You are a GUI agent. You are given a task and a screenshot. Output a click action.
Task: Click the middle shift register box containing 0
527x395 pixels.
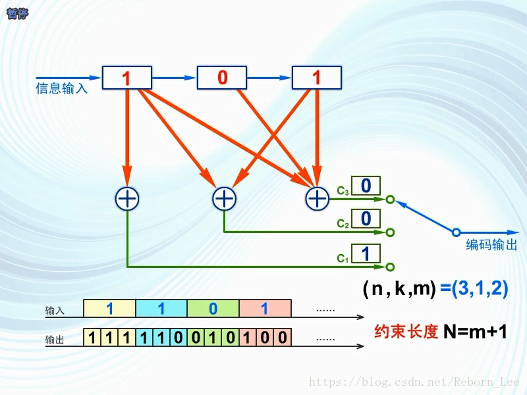pyautogui.click(x=222, y=78)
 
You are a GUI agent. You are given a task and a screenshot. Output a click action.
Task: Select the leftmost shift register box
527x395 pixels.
pyautogui.click(x=127, y=78)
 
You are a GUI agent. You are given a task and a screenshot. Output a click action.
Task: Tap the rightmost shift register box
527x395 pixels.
pyautogui.click(x=316, y=78)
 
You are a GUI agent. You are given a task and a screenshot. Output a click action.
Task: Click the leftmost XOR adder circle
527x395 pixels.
pyautogui.click(x=127, y=198)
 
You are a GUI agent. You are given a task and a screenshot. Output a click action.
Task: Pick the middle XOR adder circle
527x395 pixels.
pyautogui.click(x=224, y=198)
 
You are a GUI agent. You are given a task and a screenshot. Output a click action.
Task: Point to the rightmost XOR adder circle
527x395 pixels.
pyautogui.click(x=318, y=198)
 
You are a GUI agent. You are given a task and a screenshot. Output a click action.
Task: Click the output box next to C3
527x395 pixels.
pyautogui.click(x=366, y=186)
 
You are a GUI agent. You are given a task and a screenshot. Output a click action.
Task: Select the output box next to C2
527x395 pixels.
pyautogui.click(x=366, y=219)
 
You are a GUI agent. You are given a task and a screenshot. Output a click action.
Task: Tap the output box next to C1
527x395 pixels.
pyautogui.click(x=366, y=253)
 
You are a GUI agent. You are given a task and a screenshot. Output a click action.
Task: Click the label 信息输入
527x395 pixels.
pyautogui.click(x=61, y=88)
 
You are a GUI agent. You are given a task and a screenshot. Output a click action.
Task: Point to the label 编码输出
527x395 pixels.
pyautogui.click(x=491, y=246)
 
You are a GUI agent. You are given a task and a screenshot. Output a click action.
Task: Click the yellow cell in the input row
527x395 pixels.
pyautogui.click(x=109, y=308)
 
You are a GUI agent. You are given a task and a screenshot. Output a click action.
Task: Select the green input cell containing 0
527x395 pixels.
pyautogui.click(x=213, y=308)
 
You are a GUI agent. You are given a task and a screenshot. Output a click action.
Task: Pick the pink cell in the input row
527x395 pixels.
pyautogui.click(x=265, y=308)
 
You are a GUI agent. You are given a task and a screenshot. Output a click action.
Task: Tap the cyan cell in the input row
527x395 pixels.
pyautogui.click(x=161, y=308)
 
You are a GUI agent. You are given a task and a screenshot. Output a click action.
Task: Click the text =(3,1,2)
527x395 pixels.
pyautogui.click(x=474, y=288)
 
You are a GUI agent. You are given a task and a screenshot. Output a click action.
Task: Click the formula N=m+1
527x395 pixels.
pyautogui.click(x=475, y=332)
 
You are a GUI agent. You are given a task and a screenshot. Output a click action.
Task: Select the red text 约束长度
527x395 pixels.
pyautogui.click(x=406, y=332)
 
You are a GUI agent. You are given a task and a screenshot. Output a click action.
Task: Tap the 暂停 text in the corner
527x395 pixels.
pyautogui.click(x=17, y=14)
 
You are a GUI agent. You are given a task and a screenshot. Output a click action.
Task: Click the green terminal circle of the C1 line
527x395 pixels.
pyautogui.click(x=390, y=267)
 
